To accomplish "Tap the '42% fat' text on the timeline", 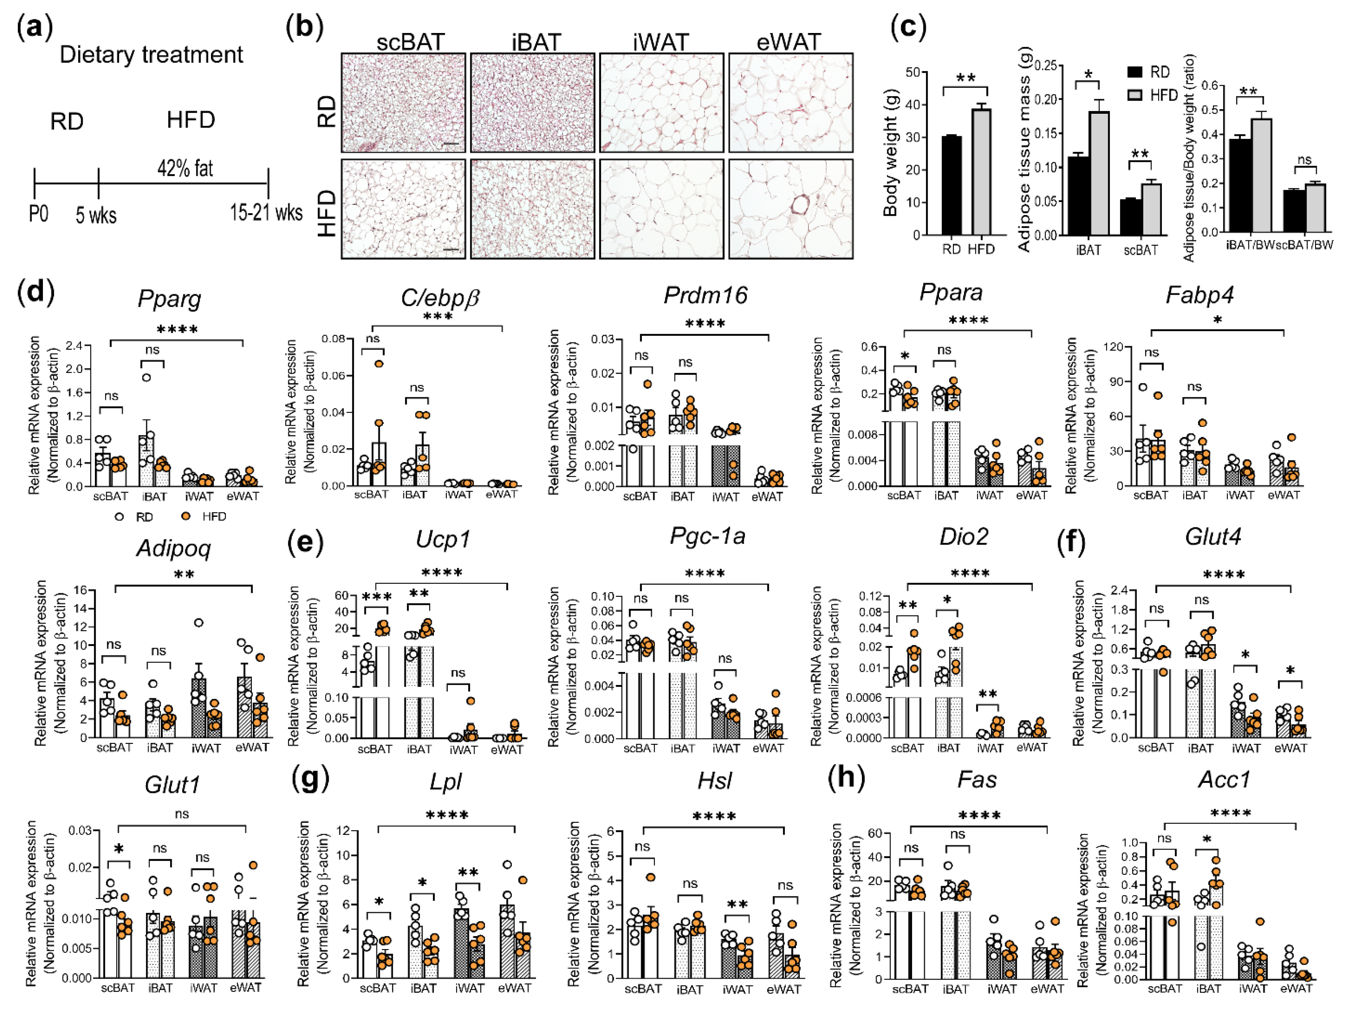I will point(185,168).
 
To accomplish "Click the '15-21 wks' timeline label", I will point(266,213).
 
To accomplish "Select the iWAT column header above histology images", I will point(661,42).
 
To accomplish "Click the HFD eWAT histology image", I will point(791,209).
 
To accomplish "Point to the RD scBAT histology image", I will point(403,102).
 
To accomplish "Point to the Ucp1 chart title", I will point(443,540).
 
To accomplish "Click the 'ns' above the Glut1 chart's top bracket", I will point(181,814).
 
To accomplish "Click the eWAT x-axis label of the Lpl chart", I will point(515,988).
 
